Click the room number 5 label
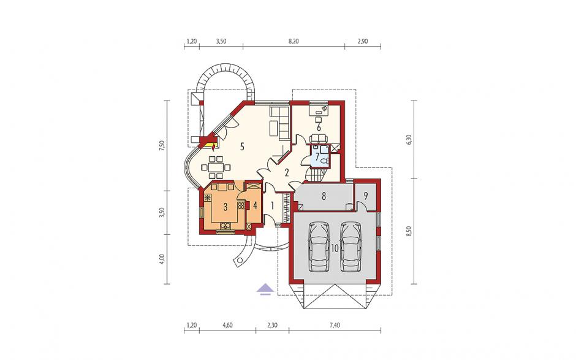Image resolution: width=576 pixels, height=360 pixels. pos(241,147)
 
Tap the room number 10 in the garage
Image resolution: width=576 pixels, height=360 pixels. pos(335,248)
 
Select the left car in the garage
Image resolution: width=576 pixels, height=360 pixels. pos(319,247)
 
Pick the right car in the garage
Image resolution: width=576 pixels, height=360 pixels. pos(350,247)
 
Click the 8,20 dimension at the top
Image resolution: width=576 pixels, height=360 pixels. pos(294,41)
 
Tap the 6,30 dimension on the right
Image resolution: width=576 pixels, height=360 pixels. pos(410,140)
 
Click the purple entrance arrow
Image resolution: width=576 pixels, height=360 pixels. pos(265,289)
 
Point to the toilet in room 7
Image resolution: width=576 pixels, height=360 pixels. pos(324,161)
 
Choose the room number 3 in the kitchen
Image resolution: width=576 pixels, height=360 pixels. pos(225,207)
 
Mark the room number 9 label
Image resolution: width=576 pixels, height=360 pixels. pos(365,196)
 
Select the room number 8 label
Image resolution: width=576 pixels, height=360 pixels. pos(324,196)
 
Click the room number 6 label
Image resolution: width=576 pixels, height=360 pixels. pos(319,128)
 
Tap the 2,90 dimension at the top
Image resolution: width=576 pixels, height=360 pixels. pos(363,41)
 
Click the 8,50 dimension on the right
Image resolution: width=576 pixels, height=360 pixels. pos(410,231)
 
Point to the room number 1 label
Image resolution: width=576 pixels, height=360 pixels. pos(272,206)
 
